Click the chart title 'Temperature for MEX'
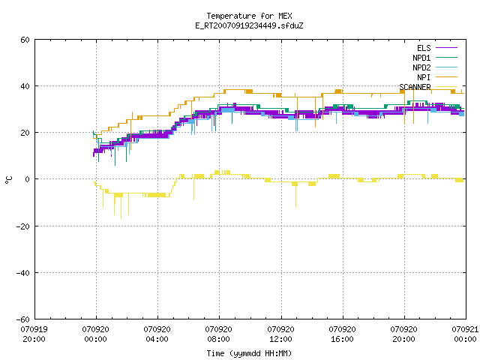[249, 16]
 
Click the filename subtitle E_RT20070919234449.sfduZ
[249, 25]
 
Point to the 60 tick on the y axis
[25, 40]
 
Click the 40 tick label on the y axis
[25, 86]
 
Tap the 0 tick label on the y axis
[27, 179]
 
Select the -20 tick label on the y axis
[23, 226]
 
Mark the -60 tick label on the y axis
[23, 319]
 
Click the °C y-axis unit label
[8, 180]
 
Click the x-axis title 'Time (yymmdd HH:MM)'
[249, 353]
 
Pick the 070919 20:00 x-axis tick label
[34, 334]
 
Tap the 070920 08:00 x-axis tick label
[218, 334]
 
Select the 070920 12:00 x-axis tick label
[280, 334]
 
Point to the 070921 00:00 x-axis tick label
[465, 334]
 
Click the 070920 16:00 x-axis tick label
[342, 334]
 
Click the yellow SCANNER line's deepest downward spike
[121, 218]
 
